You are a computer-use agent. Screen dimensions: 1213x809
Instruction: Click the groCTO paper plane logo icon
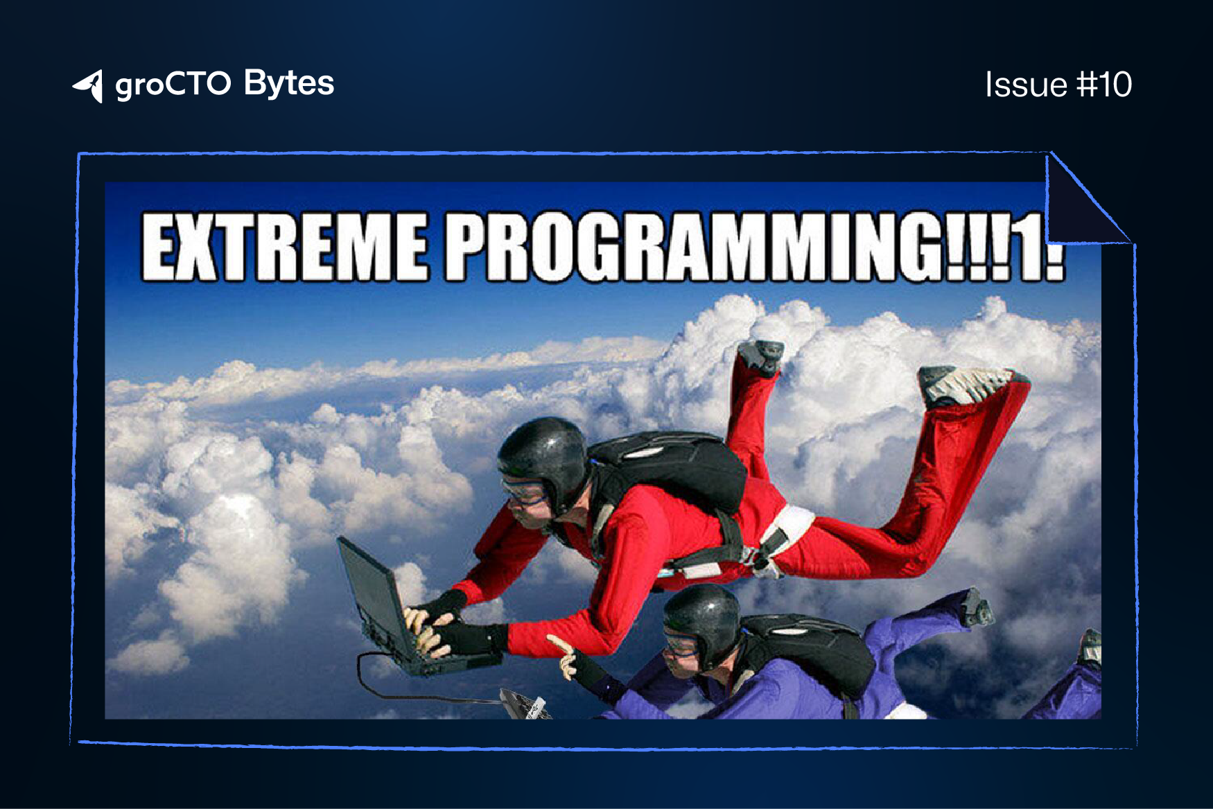pyautogui.click(x=89, y=86)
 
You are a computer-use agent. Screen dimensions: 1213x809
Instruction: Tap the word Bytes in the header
pyautogui.click(x=289, y=85)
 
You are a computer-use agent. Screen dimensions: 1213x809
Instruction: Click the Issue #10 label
pyautogui.click(x=1058, y=85)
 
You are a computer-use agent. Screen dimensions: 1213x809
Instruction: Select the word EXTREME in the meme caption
pyautogui.click(x=285, y=247)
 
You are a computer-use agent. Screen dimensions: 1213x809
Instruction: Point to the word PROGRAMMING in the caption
pyautogui.click(x=693, y=247)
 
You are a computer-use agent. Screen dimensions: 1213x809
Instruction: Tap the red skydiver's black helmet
pyautogui.click(x=544, y=458)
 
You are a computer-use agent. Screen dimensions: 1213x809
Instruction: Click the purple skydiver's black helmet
pyautogui.click(x=701, y=620)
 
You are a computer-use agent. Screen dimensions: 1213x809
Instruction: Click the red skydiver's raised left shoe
pyautogui.click(x=761, y=356)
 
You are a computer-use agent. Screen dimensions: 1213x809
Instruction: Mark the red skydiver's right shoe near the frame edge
pyautogui.click(x=970, y=385)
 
